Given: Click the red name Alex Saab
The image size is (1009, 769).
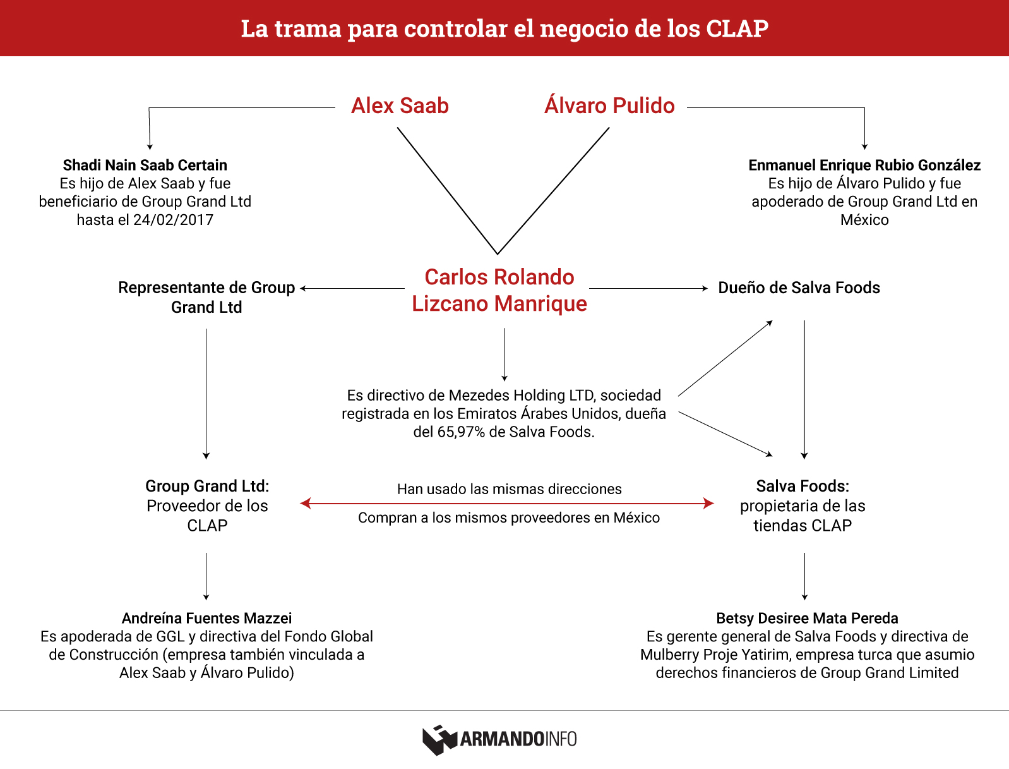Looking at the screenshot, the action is click(x=400, y=106).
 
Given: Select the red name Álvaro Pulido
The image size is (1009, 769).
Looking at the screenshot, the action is click(x=609, y=105).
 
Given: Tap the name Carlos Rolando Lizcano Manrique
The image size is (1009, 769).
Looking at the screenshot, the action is click(x=499, y=290).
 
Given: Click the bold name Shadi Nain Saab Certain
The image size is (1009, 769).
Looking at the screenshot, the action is click(x=145, y=165).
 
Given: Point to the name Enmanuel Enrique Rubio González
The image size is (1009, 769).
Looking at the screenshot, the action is click(x=864, y=165).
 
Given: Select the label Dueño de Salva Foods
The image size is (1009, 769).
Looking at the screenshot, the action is click(x=799, y=288).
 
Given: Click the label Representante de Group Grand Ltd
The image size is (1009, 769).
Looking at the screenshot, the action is click(x=206, y=297).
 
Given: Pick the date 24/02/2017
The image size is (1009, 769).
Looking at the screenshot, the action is click(x=173, y=220).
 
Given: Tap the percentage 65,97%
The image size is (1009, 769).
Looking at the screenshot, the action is click(x=461, y=432).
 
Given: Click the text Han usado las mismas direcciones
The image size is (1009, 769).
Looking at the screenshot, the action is click(x=510, y=489).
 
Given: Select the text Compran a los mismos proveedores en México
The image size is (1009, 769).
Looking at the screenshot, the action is click(x=509, y=518).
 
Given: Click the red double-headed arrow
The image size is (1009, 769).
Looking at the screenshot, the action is click(x=506, y=504).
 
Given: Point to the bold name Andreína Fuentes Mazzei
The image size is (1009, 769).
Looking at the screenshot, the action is click(x=206, y=618).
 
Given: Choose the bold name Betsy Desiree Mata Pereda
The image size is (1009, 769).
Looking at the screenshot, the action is click(x=807, y=618).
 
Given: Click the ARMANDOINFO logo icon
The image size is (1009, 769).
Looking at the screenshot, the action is click(x=439, y=739).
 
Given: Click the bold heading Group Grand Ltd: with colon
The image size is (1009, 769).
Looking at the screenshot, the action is click(x=207, y=486).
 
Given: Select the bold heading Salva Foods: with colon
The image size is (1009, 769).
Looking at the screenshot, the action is click(x=803, y=486).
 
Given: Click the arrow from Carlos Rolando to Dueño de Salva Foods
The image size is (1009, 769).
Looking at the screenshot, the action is click(x=648, y=288).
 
